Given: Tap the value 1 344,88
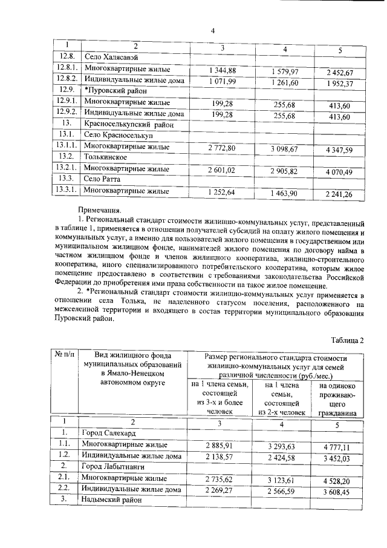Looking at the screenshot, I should click(222, 70).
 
